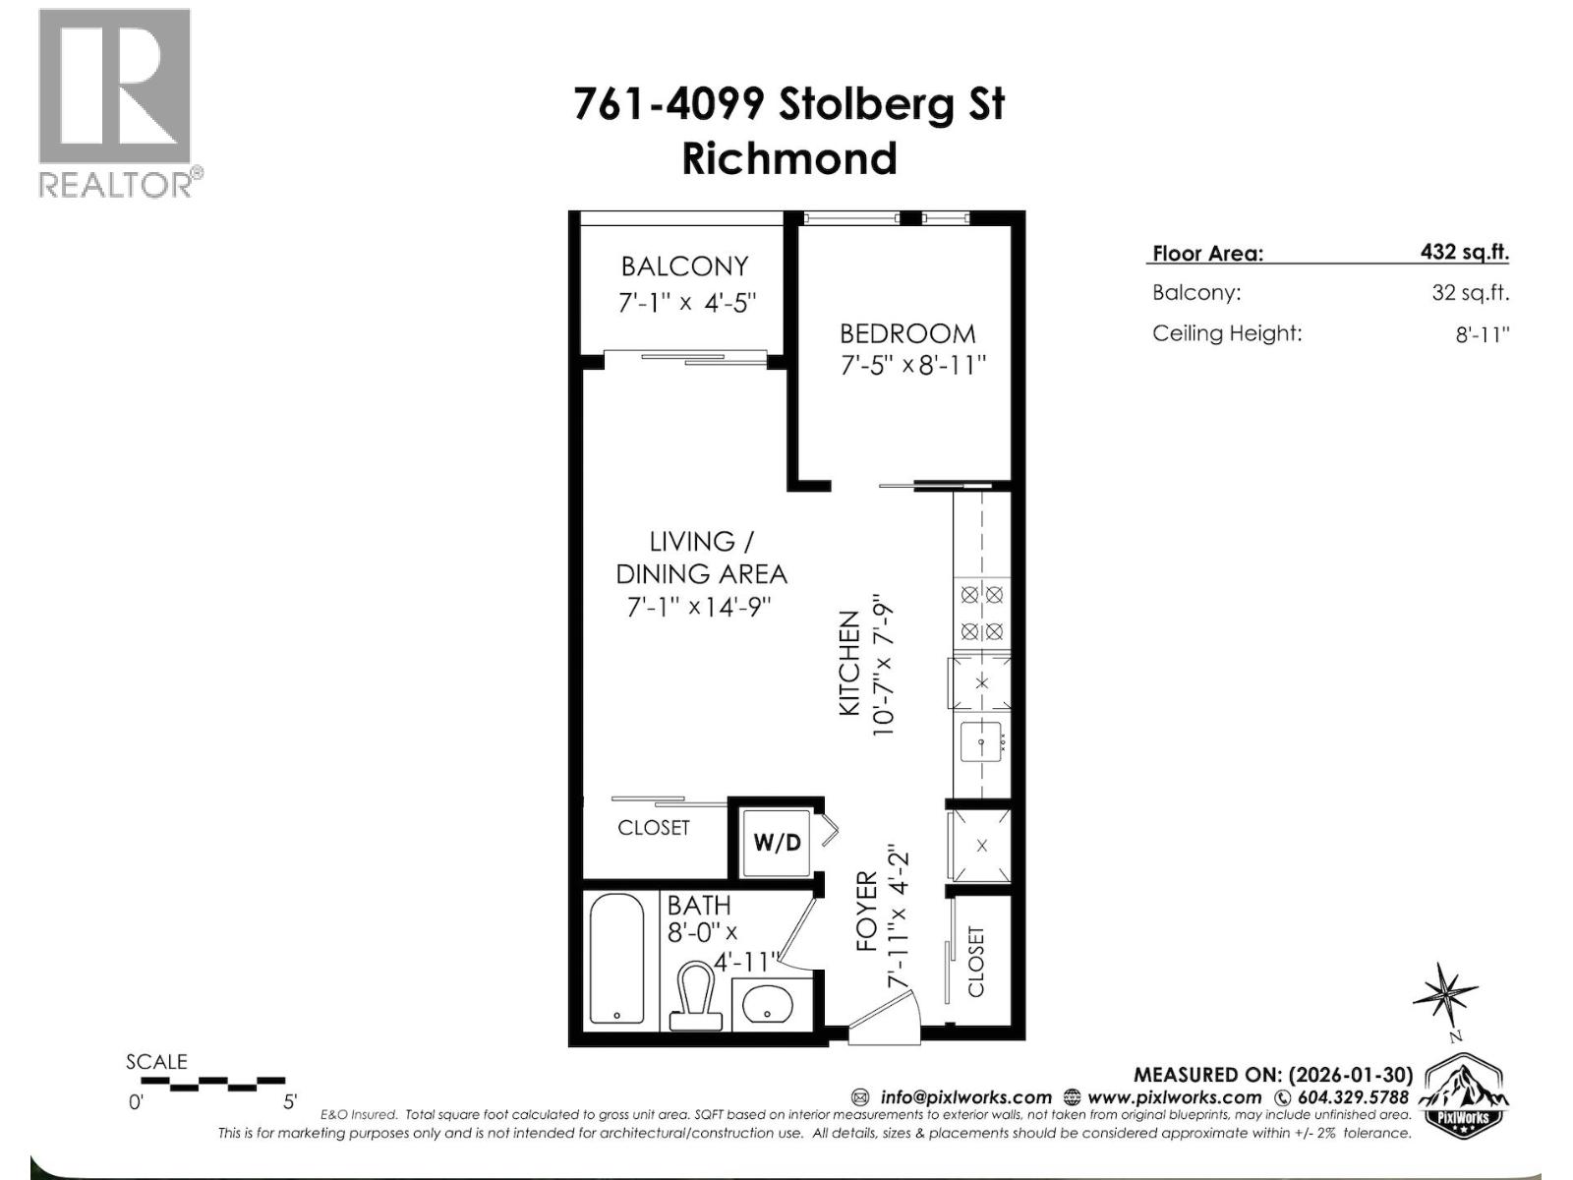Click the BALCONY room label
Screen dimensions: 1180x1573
coord(684,266)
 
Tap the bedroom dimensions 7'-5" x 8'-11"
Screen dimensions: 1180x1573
coord(911,366)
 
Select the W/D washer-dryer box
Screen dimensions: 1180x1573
coord(777,843)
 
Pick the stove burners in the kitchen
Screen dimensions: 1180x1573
coord(981,613)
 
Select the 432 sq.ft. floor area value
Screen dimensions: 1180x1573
coord(1464,252)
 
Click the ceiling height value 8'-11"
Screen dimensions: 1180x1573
coord(1482,334)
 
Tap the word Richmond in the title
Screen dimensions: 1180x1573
coord(789,159)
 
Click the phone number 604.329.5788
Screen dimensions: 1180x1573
coord(1353,1097)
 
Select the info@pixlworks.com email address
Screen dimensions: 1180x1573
coord(965,1097)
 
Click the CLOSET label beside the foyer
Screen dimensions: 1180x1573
coord(975,962)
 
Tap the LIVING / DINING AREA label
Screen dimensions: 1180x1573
coord(701,558)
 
